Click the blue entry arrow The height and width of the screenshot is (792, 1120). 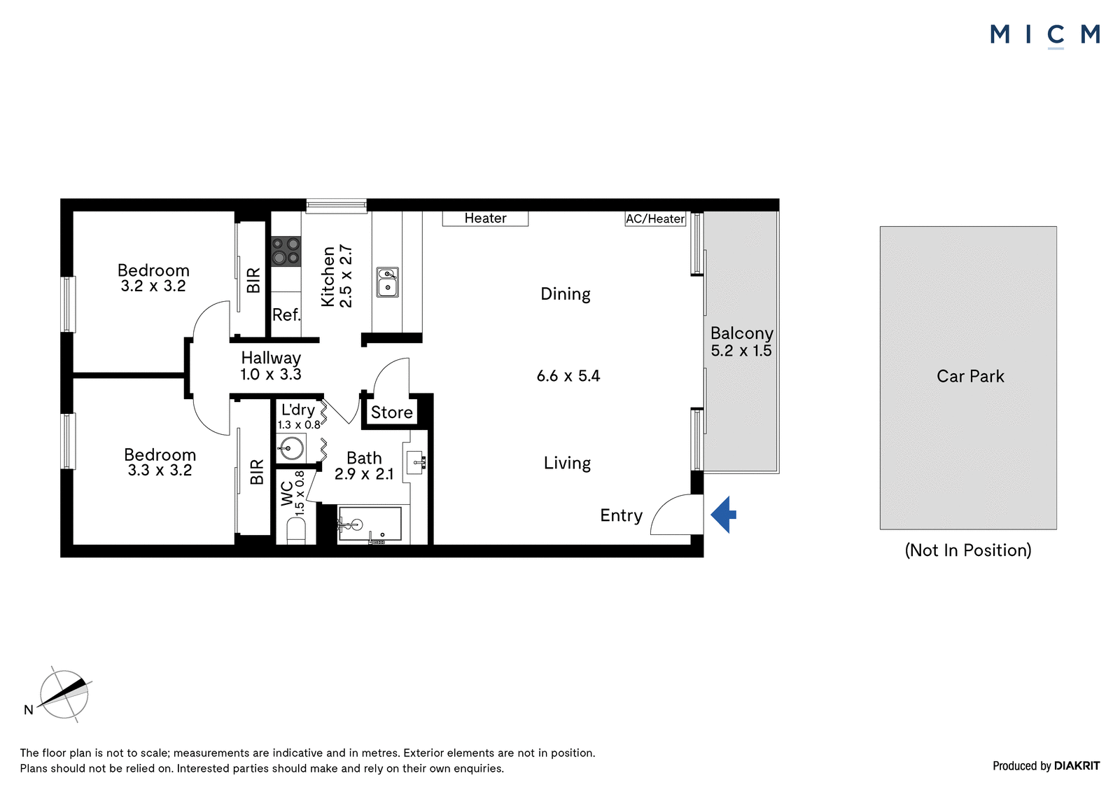724,514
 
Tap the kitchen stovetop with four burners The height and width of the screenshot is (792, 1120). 286,251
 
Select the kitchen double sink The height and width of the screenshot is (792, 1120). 388,282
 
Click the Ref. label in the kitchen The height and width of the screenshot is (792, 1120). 286,314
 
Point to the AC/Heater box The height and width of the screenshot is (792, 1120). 655,218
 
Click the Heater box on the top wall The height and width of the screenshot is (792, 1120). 485,218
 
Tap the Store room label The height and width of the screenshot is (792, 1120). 391,412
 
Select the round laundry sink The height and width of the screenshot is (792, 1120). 290,448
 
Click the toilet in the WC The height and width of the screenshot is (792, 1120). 296,530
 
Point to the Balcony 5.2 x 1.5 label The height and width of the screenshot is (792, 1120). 741,342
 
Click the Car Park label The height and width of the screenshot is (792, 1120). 970,376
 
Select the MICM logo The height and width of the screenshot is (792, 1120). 1045,36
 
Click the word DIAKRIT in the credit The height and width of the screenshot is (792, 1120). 1077,765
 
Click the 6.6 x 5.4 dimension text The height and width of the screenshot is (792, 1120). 568,376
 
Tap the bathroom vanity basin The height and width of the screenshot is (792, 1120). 416,462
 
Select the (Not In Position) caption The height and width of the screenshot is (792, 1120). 968,550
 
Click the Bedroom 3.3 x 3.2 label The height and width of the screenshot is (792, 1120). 160,462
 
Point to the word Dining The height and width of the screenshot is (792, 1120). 566,293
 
